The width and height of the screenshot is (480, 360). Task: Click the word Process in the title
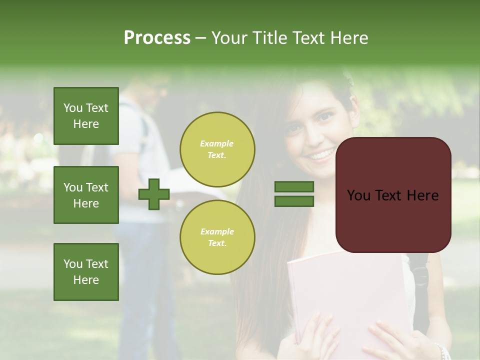click(157, 37)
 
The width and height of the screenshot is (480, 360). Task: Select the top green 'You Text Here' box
click(86, 116)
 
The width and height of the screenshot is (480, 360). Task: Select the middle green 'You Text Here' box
click(86, 195)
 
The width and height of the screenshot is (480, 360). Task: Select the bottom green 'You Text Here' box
click(86, 271)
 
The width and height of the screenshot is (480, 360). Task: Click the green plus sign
click(154, 194)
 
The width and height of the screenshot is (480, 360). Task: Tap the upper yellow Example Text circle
click(217, 149)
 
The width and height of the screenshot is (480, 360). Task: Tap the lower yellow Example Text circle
click(217, 237)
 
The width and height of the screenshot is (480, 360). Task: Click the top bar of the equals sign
click(294, 187)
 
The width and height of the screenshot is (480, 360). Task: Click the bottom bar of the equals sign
click(294, 201)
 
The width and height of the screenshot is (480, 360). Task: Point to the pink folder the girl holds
click(345, 290)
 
